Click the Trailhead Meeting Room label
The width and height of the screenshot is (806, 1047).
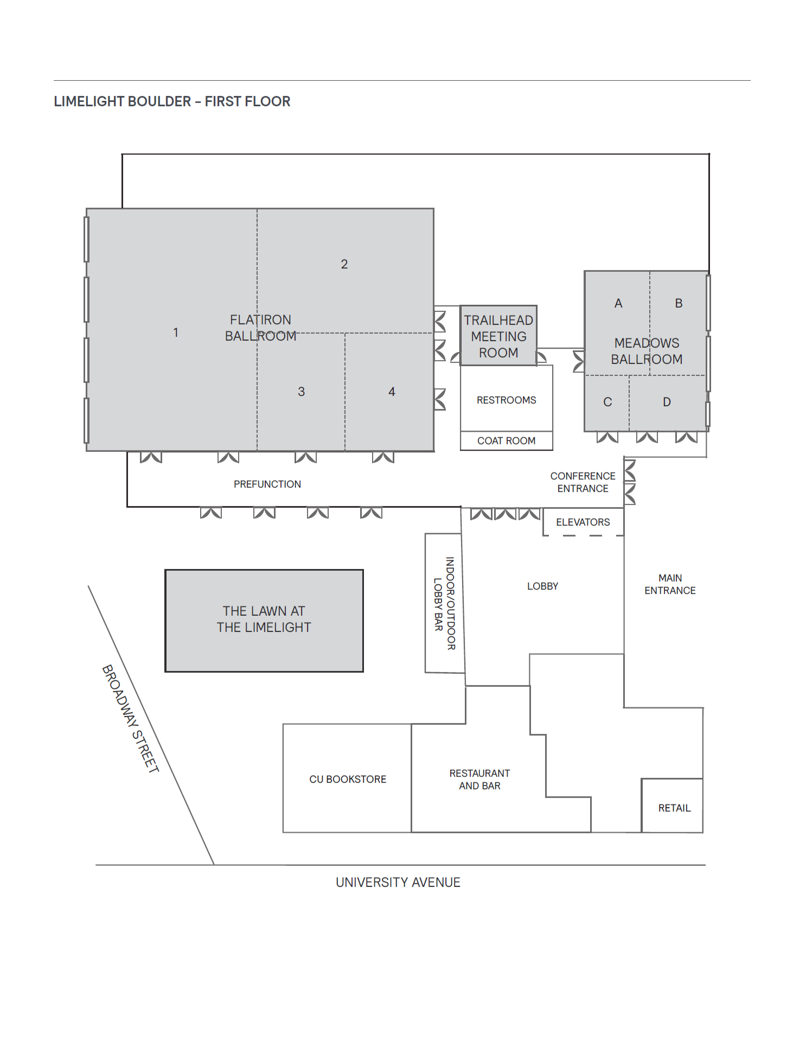498,336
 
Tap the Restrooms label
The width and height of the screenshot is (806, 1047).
506,400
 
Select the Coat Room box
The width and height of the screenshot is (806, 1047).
506,441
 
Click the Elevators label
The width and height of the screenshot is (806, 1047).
583,522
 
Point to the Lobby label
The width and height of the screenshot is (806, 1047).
542,586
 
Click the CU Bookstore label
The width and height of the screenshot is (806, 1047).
348,780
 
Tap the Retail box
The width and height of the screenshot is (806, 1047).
674,808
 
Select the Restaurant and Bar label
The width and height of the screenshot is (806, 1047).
479,780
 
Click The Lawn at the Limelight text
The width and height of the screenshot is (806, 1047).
264,620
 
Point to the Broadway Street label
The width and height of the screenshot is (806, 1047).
131,718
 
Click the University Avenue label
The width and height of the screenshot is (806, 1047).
398,883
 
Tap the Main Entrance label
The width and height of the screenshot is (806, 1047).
670,584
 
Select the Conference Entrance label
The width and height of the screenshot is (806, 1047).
583,482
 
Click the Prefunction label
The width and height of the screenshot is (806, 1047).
267,484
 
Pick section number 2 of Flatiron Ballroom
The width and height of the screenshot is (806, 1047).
344,264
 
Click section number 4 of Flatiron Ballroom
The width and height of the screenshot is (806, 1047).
392,392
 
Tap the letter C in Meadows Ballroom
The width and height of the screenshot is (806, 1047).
607,402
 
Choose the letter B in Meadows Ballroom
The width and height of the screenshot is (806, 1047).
679,303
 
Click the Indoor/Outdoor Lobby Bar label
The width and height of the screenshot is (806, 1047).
445,603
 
